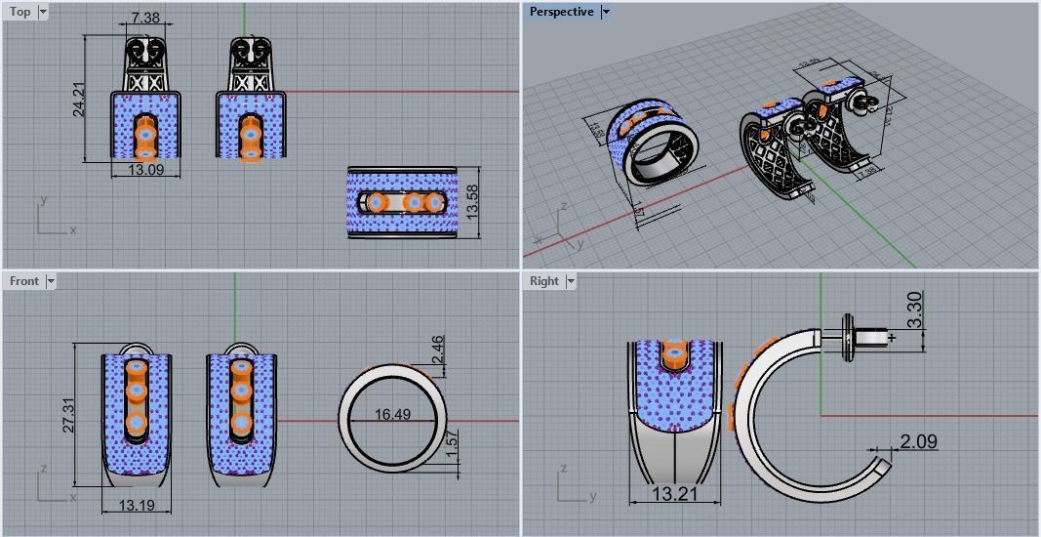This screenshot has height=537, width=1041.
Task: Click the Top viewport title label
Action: coord(20,12)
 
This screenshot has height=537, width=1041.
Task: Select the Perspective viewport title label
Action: coord(561,12)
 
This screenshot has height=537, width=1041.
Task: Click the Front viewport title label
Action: coord(23,281)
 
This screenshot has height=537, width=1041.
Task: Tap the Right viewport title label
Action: coord(543,281)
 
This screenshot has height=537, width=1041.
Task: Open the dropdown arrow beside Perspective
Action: coord(606,12)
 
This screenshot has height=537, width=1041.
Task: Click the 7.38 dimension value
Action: coord(145,20)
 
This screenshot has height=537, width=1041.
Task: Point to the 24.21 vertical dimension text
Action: coord(79,99)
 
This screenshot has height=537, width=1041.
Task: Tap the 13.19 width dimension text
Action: coord(136,505)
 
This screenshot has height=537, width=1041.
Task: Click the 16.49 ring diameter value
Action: coord(392,415)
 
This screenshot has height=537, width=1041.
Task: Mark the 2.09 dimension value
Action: coord(918,442)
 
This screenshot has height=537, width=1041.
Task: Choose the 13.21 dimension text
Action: coord(674,494)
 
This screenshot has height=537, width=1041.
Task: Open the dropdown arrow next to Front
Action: coord(51,281)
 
